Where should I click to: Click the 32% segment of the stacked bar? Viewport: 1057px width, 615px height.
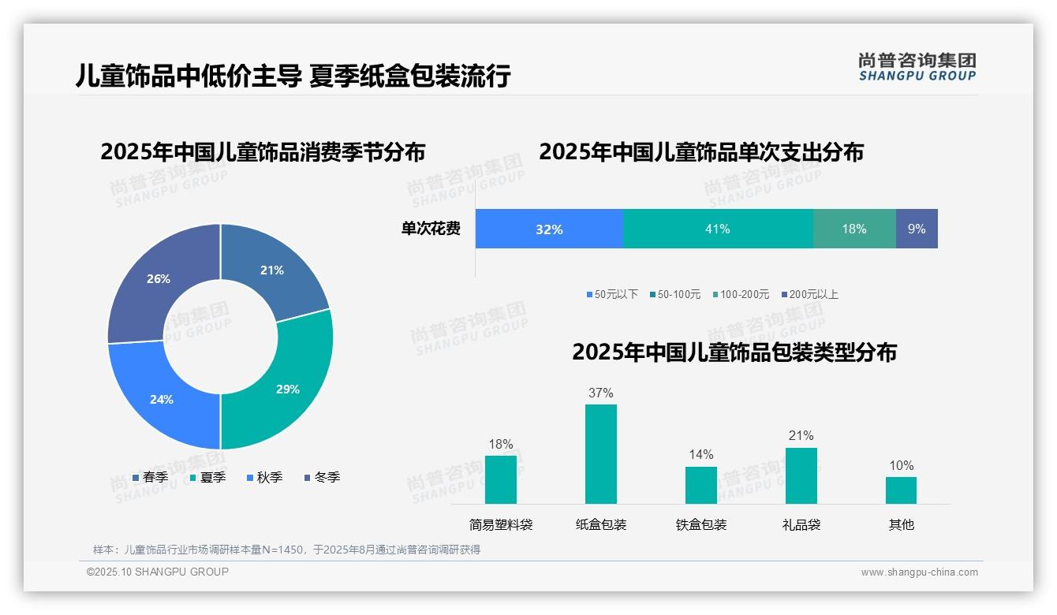click(x=549, y=229)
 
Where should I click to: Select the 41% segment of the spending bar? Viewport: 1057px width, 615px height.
click(x=717, y=229)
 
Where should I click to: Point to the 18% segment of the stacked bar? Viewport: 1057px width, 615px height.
click(x=853, y=229)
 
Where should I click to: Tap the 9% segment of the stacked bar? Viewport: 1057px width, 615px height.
click(x=917, y=229)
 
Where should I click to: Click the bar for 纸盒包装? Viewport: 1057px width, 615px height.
click(x=600, y=453)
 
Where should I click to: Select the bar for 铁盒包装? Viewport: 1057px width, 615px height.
click(x=700, y=485)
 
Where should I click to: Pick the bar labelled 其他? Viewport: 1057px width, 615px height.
click(x=901, y=490)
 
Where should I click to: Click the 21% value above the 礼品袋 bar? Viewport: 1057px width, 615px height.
click(x=801, y=435)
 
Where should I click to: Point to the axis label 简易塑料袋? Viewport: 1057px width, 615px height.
click(x=501, y=524)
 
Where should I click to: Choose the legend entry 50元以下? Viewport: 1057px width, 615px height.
click(x=612, y=294)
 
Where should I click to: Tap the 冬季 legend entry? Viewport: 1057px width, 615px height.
click(x=322, y=477)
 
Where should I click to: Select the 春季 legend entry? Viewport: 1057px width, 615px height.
click(x=150, y=477)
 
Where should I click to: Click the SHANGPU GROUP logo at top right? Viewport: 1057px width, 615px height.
click(x=917, y=67)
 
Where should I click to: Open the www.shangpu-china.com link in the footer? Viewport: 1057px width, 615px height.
click(x=919, y=572)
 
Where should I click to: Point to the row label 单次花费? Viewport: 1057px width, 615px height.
click(x=431, y=229)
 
